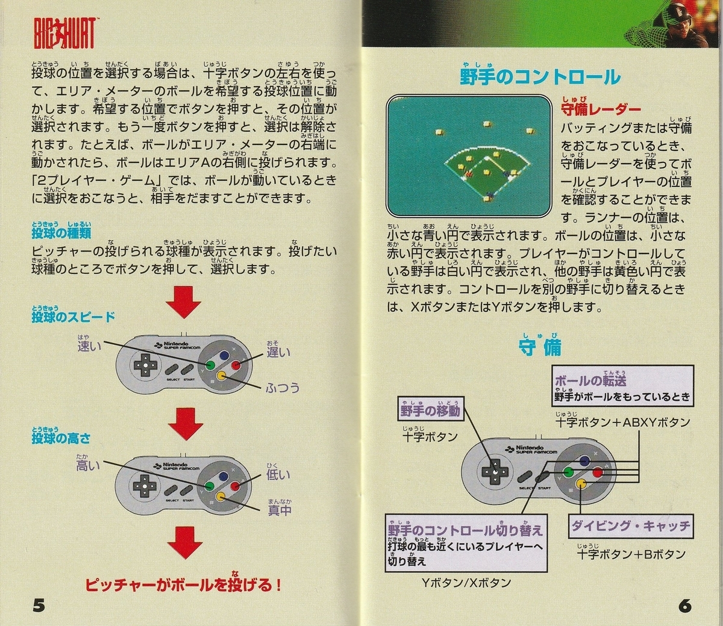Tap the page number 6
[x=684, y=605]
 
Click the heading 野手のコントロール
[x=539, y=77]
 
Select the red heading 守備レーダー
[x=600, y=109]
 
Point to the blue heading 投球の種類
[x=61, y=232]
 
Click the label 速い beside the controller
[x=89, y=346]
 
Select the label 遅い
[x=278, y=352]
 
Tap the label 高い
[x=88, y=465]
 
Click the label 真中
[x=280, y=510]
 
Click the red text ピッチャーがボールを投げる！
[x=183, y=584]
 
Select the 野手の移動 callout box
[x=430, y=411]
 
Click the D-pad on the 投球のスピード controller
[x=145, y=364]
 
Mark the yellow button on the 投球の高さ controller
[x=221, y=496]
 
